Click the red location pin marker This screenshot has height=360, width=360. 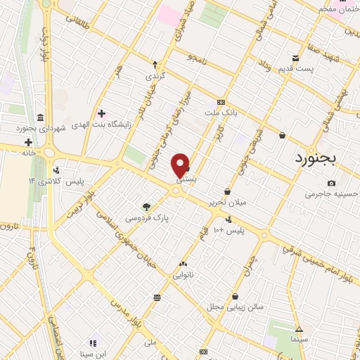pos(181,165)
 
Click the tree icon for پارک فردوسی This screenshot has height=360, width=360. pos(146,207)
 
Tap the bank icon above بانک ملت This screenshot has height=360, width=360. pos(221,103)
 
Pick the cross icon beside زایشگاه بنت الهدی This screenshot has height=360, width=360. pos(101,113)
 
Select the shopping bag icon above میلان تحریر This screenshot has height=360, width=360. pos(227,191)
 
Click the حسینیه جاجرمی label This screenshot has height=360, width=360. pos(330,193)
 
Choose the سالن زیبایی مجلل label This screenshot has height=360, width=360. pos(235,307)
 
